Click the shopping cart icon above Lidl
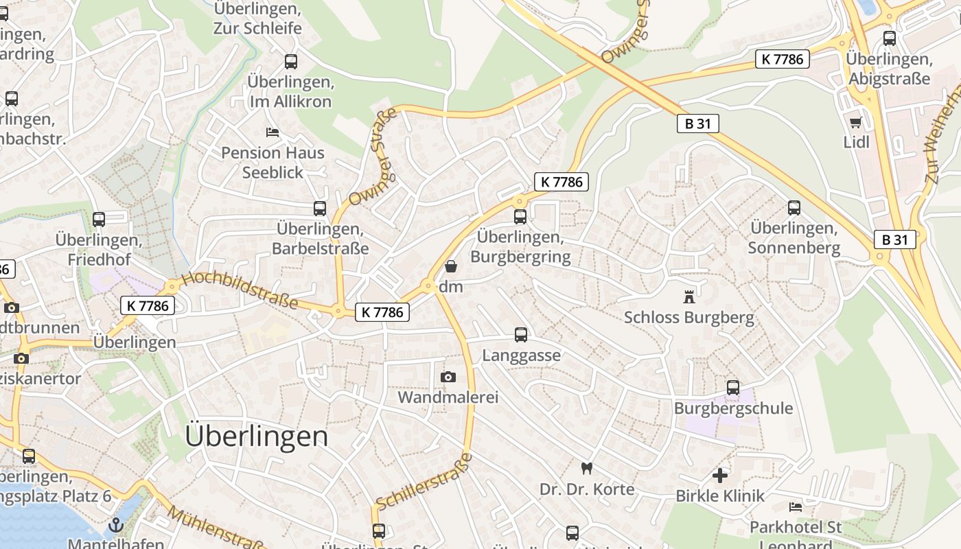coord(855,123)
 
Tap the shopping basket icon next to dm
coord(451,266)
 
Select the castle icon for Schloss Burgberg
coord(688,297)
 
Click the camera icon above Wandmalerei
coord(448,377)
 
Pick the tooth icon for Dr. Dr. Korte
coord(586,469)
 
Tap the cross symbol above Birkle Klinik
coord(720,475)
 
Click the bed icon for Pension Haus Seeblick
coord(273,132)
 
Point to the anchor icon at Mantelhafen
coord(117,526)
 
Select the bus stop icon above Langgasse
coord(521,335)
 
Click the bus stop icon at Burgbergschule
coord(733,388)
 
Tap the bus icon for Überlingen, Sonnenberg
coord(794,207)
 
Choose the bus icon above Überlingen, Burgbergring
coord(520,217)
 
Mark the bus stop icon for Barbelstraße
coord(320,209)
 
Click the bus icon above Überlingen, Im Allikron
coord(291,62)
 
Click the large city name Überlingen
coord(257,436)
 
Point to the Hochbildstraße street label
coord(240,290)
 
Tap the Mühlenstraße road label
coord(216,528)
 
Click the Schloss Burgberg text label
coord(688,318)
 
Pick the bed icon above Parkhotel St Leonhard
coord(796,507)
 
